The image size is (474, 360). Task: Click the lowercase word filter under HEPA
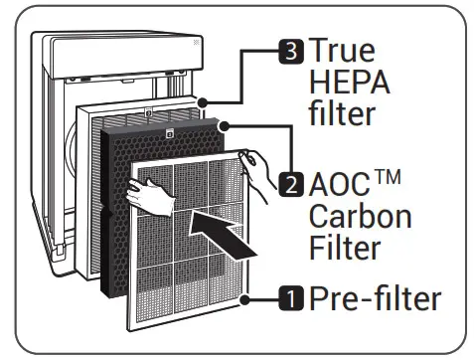pyautogui.click(x=343, y=114)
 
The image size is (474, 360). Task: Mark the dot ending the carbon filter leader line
pyautogui.click(x=228, y=126)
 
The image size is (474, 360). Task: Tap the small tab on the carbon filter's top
pyautogui.click(x=170, y=132)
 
